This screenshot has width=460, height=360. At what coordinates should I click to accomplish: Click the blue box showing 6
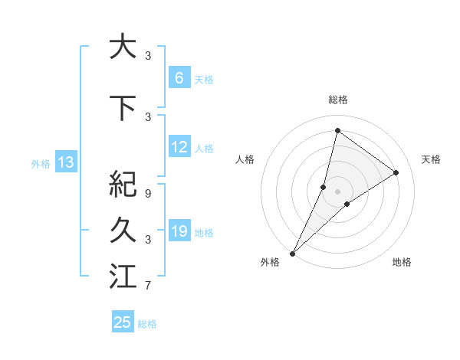[x=179, y=78]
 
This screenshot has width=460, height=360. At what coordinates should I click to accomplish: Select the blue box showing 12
[x=179, y=147]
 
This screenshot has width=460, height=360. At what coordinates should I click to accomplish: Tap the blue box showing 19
[x=179, y=231]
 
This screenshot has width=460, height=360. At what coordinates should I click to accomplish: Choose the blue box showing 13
[x=65, y=162]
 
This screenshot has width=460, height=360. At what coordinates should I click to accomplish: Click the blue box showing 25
[x=123, y=322]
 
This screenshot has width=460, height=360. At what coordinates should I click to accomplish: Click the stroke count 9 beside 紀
[x=148, y=194]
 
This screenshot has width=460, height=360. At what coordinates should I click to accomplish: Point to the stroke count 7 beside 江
[x=148, y=286]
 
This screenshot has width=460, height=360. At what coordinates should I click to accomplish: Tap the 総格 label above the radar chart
[x=337, y=100]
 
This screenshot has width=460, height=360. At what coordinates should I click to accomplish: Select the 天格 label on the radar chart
[x=431, y=159]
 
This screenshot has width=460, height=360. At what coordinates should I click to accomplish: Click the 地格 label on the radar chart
[x=402, y=262]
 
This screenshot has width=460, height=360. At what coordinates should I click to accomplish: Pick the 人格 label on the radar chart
[x=245, y=159]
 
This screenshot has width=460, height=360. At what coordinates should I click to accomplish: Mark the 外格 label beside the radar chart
[x=270, y=262]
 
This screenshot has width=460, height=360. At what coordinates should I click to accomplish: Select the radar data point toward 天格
[x=396, y=172]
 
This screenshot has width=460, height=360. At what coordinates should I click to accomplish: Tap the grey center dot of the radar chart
[x=337, y=191]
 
